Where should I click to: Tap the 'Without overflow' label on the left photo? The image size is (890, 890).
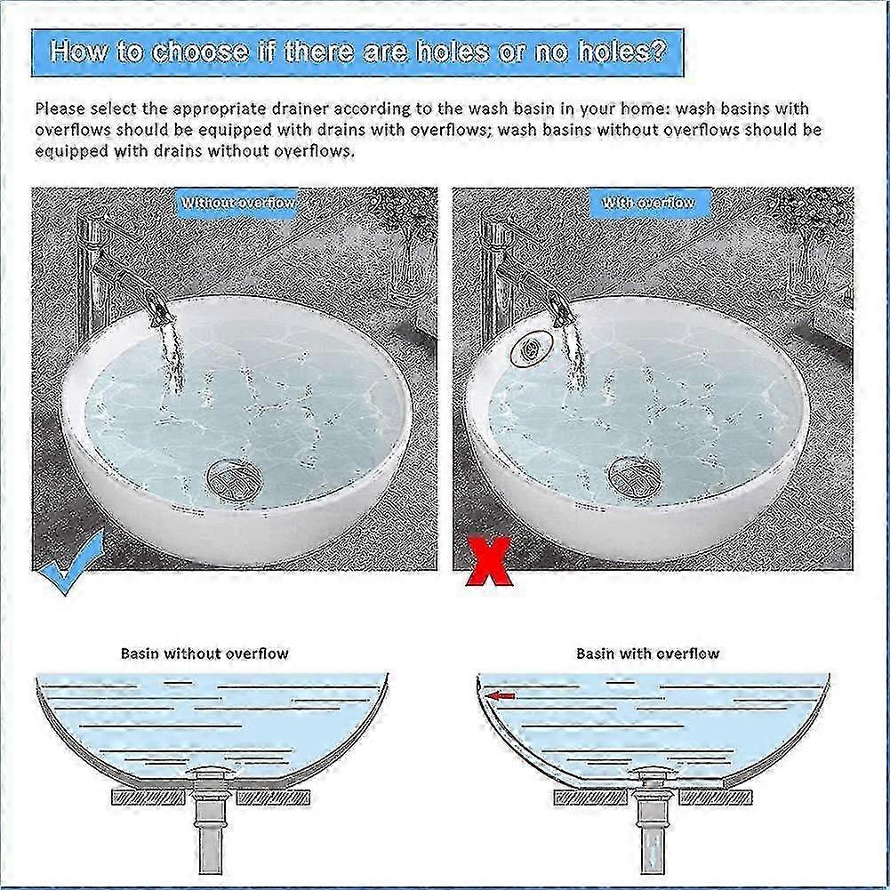coord(238,204)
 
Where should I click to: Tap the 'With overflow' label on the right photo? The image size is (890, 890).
coord(648,204)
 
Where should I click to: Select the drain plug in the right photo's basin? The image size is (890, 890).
coord(635,475)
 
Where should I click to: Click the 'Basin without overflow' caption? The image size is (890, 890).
coord(204,653)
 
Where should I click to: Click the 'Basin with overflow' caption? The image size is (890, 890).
coord(647,653)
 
